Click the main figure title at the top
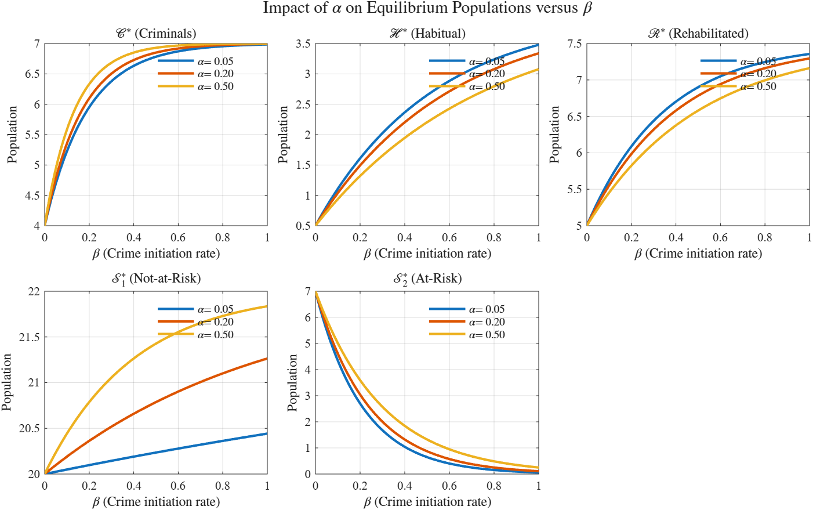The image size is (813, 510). tap(427, 8)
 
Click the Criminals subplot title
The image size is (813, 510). tap(155, 34)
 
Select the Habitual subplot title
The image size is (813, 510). tap(427, 34)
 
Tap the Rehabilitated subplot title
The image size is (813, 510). tap(698, 34)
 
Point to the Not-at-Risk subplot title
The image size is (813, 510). tap(155, 278)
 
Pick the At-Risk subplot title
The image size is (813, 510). tap(427, 278)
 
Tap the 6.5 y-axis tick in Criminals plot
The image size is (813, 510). tap(32, 74)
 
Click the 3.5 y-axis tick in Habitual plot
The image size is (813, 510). tap(303, 44)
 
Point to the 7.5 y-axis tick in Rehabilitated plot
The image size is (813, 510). tap(574, 44)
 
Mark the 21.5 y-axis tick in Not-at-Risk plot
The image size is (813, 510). tap(30, 338)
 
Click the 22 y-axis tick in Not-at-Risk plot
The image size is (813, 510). tap(34, 292)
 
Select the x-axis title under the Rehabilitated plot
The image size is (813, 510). tap(698, 254)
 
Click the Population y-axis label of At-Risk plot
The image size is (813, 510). tap(293, 383)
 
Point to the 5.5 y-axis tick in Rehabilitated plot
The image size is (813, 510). tap(574, 190)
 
